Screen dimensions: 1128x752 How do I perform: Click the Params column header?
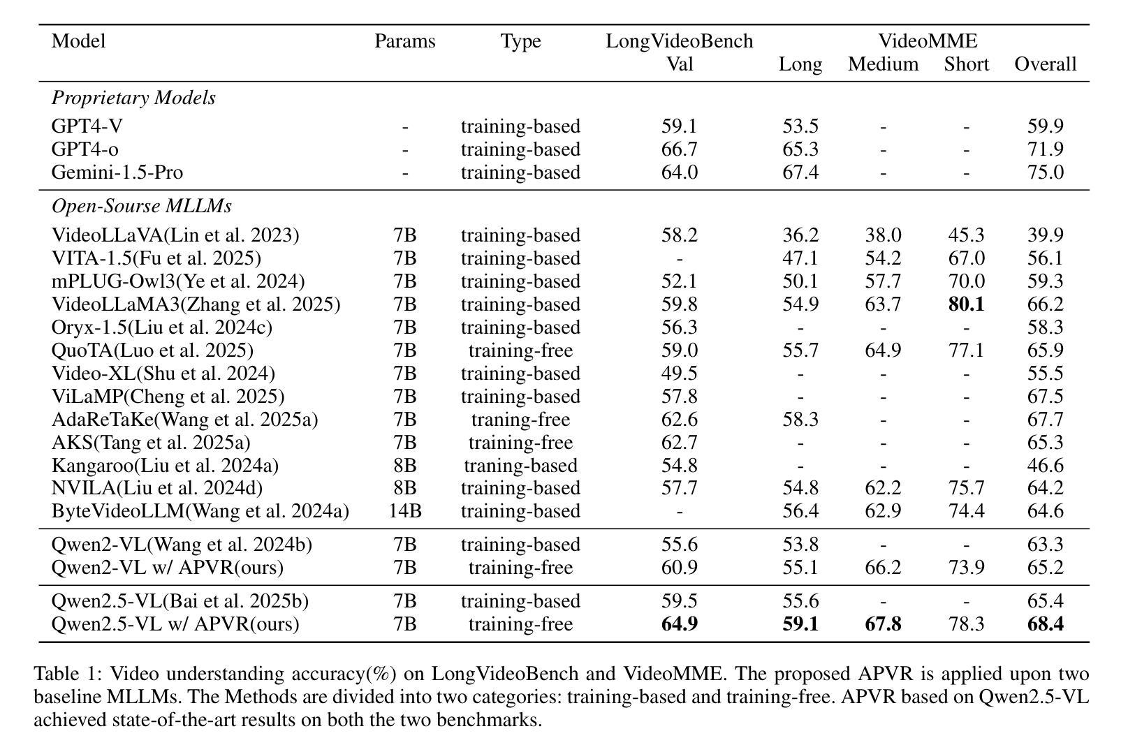pyautogui.click(x=405, y=40)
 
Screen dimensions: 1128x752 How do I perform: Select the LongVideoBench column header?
pyautogui.click(x=680, y=40)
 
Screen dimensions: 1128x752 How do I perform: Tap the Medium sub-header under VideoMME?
pyautogui.click(x=883, y=64)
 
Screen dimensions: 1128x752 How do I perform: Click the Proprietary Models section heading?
pyautogui.click(x=133, y=98)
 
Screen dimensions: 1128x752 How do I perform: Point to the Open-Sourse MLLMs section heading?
pyautogui.click(x=142, y=206)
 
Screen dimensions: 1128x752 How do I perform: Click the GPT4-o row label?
pyautogui.click(x=85, y=149)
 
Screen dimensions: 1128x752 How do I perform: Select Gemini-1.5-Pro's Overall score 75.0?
pyautogui.click(x=1046, y=172)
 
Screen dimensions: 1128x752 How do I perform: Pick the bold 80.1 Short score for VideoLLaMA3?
pyautogui.click(x=966, y=304)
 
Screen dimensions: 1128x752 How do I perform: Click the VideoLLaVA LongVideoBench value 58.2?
pyautogui.click(x=680, y=235)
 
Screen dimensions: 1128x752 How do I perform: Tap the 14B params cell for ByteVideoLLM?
pyautogui.click(x=405, y=511)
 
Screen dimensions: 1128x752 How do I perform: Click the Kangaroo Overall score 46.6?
pyautogui.click(x=1046, y=465)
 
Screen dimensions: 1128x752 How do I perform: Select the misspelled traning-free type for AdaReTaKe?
pyautogui.click(x=520, y=419)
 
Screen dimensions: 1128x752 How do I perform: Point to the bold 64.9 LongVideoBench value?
pyautogui.click(x=680, y=624)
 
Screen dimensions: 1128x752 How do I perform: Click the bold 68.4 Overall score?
pyautogui.click(x=1046, y=624)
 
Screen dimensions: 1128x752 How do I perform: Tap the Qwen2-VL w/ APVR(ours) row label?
pyautogui.click(x=168, y=567)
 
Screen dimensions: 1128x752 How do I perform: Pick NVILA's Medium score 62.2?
pyautogui.click(x=883, y=488)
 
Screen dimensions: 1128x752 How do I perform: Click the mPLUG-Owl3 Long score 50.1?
pyautogui.click(x=800, y=281)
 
